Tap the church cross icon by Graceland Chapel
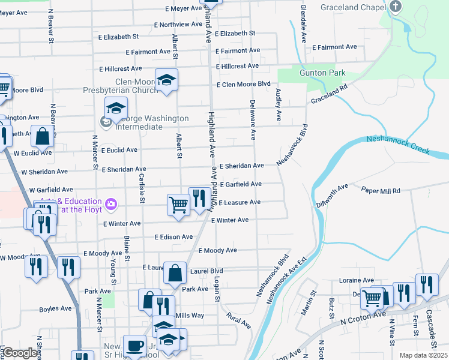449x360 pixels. tap(395, 7)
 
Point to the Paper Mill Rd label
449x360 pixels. tap(381, 191)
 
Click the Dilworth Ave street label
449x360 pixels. tap(332, 196)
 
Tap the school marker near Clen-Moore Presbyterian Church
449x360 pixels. tap(167, 79)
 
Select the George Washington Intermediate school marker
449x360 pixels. tap(115, 109)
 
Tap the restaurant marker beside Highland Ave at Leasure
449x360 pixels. tap(199, 197)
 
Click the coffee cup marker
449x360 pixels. tap(134, 345)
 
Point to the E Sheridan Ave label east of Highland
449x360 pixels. tap(241, 166)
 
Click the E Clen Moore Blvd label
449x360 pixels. tap(244, 84)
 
